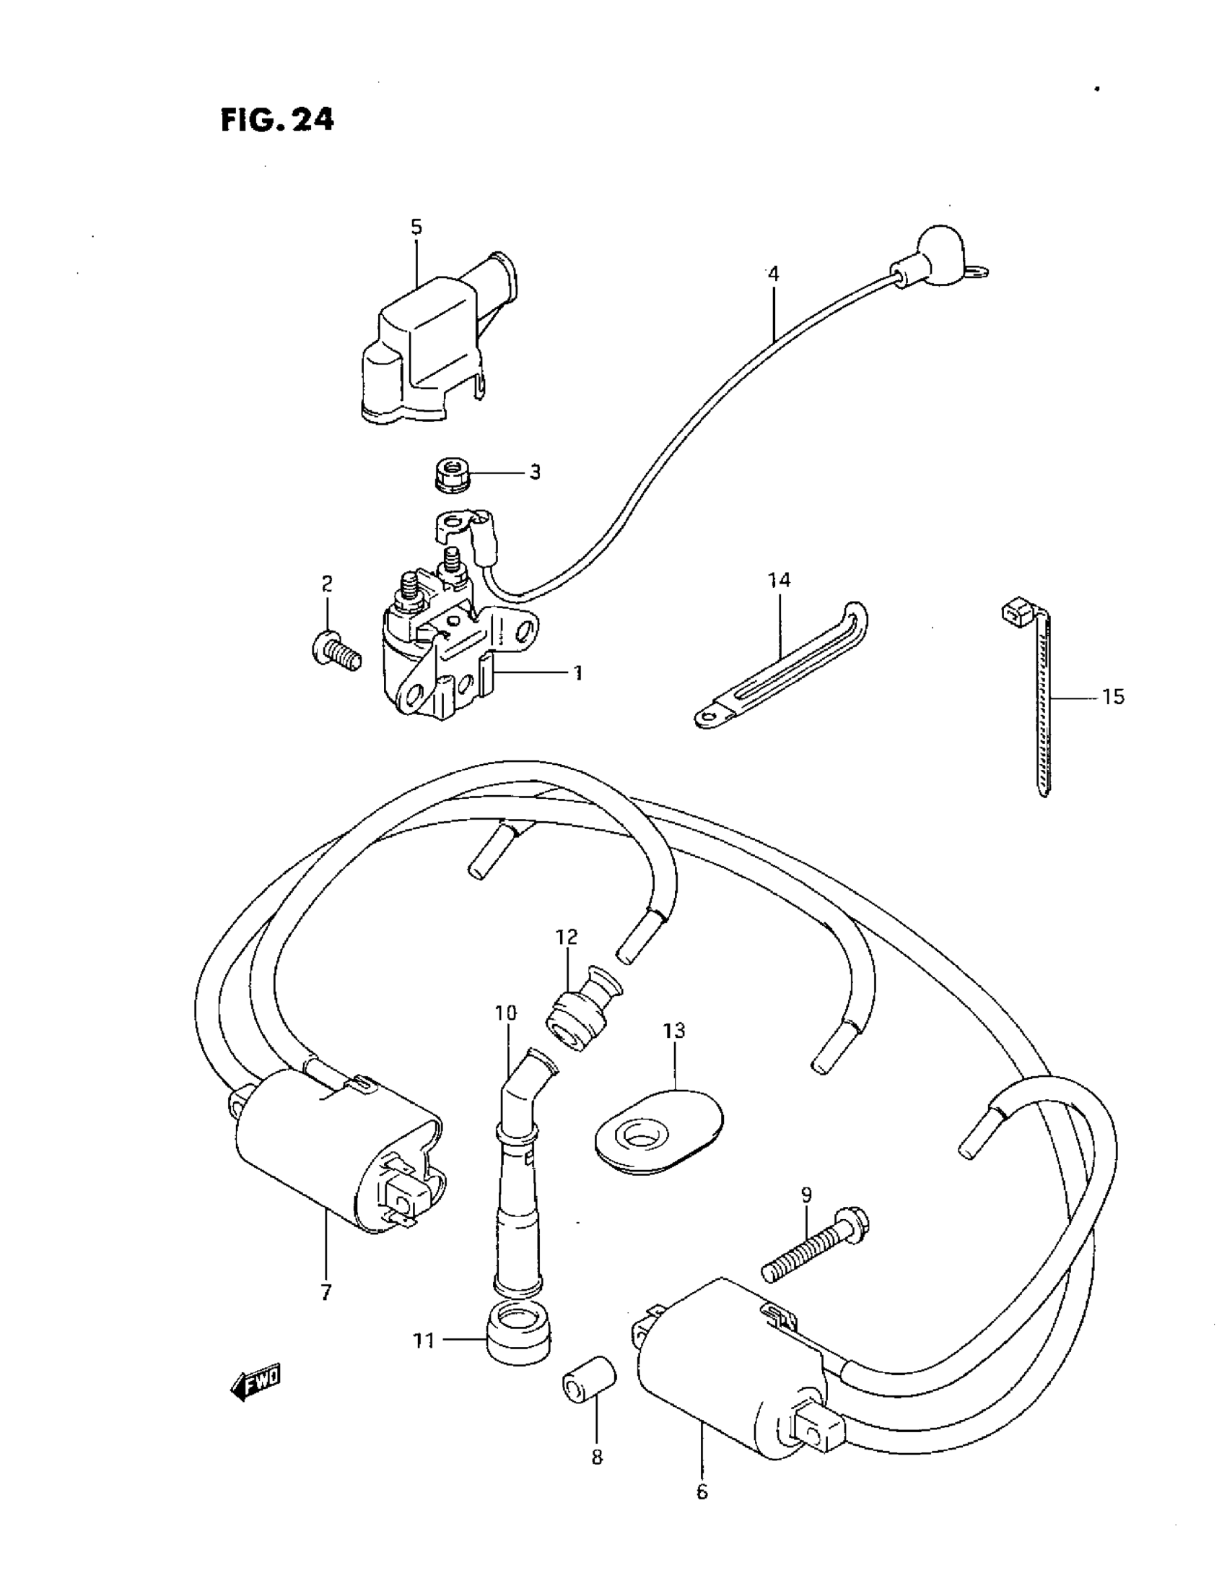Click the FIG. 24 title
tap(277, 119)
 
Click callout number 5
tap(416, 227)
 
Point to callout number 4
tap(773, 274)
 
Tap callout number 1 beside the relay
tap(577, 672)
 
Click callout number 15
tap(1113, 697)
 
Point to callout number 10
tap(505, 1013)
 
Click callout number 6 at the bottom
tap(702, 1491)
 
